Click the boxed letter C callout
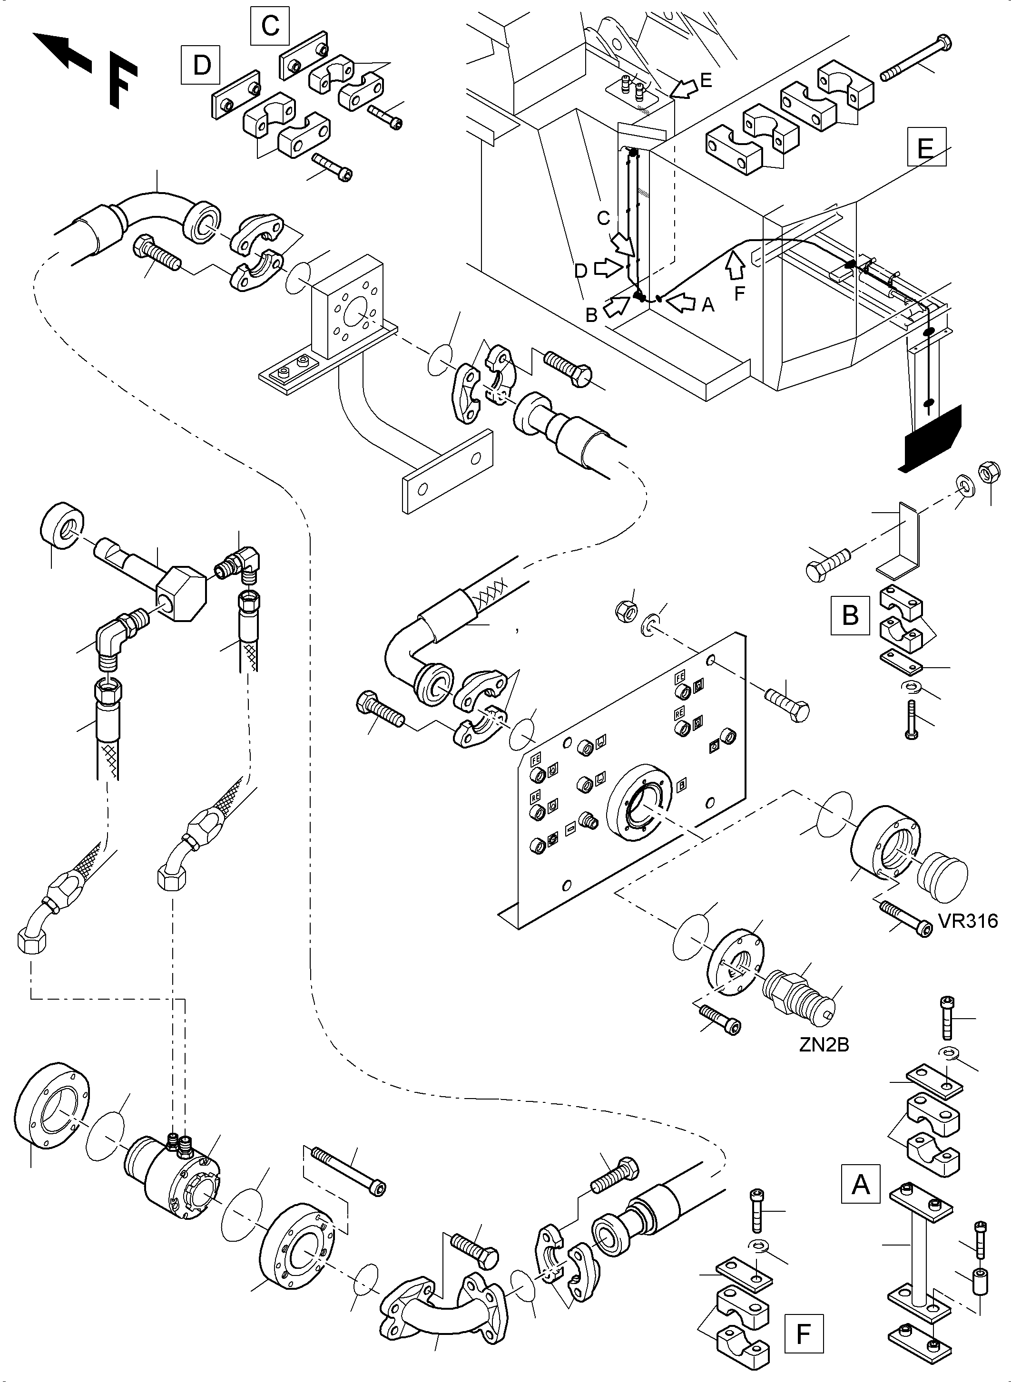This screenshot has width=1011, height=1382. [x=270, y=26]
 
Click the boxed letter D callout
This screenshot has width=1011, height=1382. [x=201, y=64]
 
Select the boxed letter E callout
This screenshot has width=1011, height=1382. [x=926, y=147]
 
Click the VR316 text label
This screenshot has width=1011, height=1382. [x=968, y=921]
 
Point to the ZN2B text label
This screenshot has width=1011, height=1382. [x=824, y=1045]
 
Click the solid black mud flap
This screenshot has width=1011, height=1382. [x=932, y=437]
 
